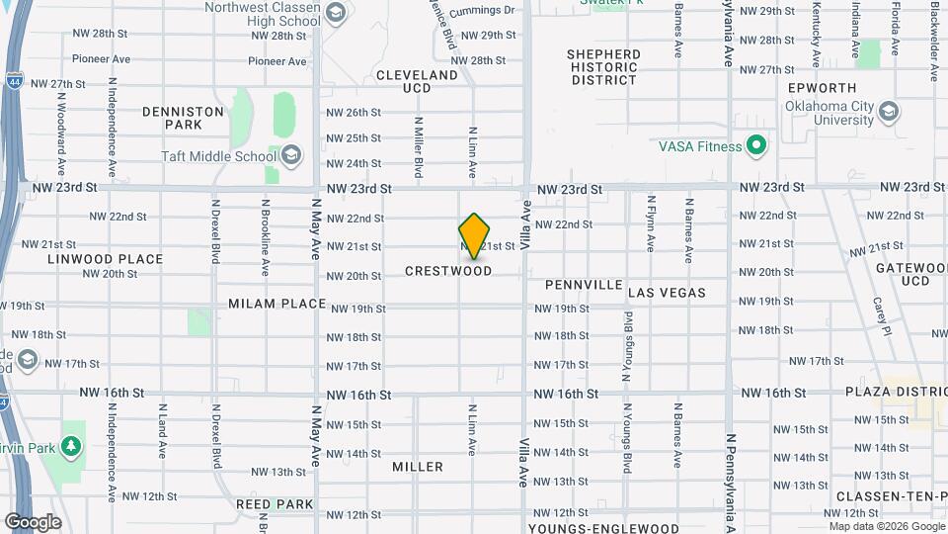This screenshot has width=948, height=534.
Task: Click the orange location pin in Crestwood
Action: click(474, 235)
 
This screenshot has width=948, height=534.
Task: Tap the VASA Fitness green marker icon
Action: click(756, 147)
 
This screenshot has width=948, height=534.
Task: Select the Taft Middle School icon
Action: click(291, 155)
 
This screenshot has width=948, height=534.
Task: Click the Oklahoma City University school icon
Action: click(888, 110)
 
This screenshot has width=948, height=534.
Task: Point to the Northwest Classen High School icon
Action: click(335, 13)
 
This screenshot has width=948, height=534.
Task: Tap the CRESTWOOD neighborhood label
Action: click(448, 271)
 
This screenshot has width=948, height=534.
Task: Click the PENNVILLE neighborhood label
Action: click(584, 285)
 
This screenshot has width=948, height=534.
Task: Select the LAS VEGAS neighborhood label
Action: click(667, 293)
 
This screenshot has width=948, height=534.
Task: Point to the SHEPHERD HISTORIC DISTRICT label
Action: click(603, 67)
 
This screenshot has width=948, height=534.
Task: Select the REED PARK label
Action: click(274, 504)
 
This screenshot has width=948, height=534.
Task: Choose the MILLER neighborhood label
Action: click(417, 467)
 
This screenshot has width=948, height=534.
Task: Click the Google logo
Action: click(32, 521)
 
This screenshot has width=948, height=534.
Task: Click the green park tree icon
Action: click(70, 446)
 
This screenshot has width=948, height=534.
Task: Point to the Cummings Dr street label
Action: click(482, 11)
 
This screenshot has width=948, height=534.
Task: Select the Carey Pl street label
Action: click(880, 310)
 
